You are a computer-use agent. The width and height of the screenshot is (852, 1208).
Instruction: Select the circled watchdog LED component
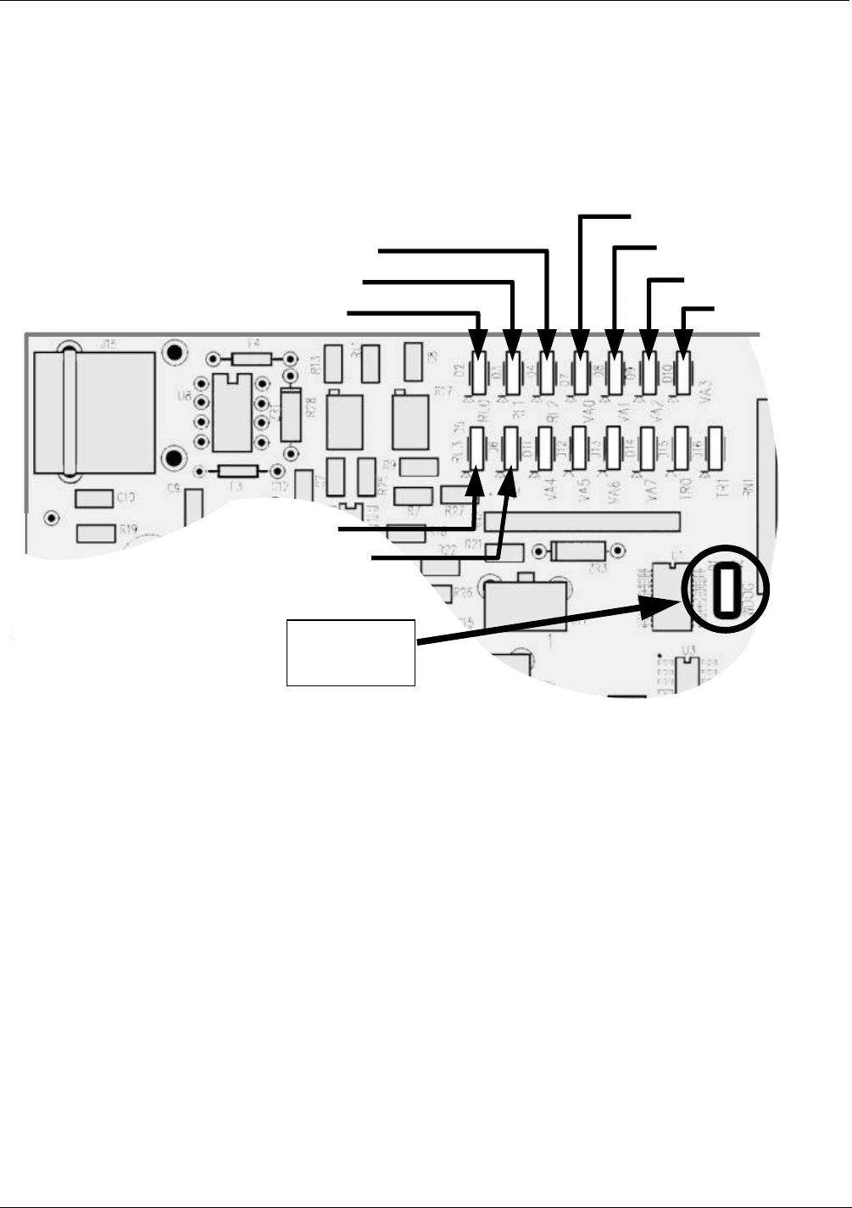(726, 590)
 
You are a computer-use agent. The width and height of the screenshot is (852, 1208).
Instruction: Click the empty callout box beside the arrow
(350, 652)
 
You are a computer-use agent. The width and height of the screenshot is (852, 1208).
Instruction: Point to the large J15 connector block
(93, 412)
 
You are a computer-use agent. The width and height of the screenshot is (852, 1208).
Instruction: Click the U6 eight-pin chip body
(231, 412)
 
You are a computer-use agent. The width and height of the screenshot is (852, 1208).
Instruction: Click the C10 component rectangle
(94, 498)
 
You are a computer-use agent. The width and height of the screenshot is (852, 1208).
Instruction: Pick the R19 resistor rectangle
(96, 533)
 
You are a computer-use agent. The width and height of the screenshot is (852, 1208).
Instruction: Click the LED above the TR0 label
(680, 445)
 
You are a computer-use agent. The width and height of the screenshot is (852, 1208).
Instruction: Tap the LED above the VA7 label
(648, 445)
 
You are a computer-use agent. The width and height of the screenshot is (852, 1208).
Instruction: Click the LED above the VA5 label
(581, 445)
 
